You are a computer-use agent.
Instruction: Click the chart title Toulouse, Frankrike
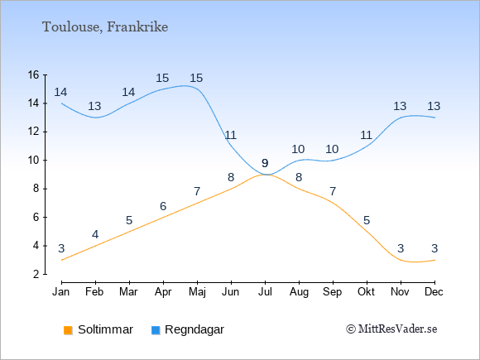[105, 27]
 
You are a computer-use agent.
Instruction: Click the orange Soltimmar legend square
[68, 330]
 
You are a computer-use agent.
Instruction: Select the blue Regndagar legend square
[156, 330]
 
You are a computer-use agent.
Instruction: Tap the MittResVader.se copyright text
[391, 329]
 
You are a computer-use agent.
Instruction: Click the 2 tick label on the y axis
[36, 274]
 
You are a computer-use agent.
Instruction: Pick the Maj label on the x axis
[197, 292]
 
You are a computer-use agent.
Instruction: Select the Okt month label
[366, 292]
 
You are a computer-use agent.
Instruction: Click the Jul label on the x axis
[265, 292]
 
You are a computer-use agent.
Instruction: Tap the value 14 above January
[60, 92]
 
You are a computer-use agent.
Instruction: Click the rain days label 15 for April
[162, 78]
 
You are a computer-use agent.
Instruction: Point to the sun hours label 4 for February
[95, 234]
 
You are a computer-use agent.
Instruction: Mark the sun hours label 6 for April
[163, 206]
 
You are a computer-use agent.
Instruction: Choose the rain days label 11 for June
[230, 135]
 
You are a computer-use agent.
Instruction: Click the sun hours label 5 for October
[367, 220]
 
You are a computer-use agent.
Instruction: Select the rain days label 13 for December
[434, 106]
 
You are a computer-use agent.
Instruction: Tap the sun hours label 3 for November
[401, 248]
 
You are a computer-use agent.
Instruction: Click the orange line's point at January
[62, 260]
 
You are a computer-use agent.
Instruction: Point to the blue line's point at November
[401, 118]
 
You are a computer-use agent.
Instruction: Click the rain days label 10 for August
[298, 149]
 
